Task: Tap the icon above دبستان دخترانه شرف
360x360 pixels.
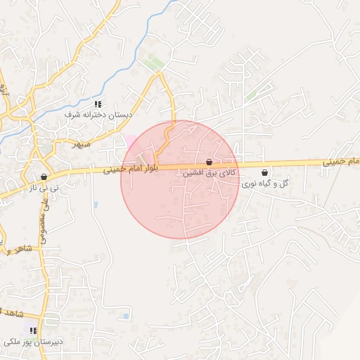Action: [x=97, y=104]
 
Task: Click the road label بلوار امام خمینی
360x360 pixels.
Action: [x=132, y=169]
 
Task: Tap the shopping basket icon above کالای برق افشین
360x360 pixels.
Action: [x=209, y=162]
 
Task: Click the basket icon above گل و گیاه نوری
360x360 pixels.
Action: [x=264, y=173]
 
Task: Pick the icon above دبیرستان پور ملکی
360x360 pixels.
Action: [x=33, y=330]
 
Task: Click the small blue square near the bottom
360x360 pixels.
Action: [x=126, y=316]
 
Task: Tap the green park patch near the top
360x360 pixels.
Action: [x=155, y=64]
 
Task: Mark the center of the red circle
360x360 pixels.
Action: [x=180, y=180]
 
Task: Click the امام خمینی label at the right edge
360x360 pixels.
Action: [x=342, y=162]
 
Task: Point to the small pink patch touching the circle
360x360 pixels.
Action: [x=130, y=139]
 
